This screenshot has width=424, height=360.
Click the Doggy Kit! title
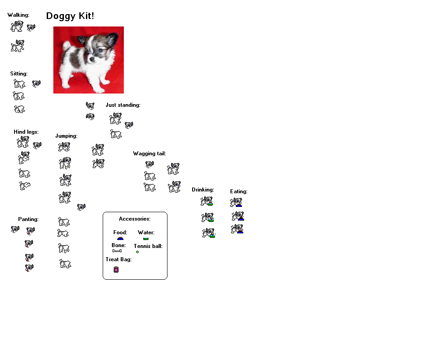70,16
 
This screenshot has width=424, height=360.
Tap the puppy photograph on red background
89,60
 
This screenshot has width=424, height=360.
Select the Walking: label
19,15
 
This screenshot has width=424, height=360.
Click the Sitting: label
19,74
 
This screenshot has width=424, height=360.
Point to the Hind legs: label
26,132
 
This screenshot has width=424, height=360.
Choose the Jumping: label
66,136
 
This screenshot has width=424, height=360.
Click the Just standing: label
123,105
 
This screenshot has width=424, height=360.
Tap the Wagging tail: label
149,154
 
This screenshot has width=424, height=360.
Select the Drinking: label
203,190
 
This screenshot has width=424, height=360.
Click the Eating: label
239,191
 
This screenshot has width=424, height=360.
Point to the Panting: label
28,219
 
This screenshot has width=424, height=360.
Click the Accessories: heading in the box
135,219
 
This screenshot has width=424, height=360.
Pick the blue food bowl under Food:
120,239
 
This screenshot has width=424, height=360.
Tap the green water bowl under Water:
146,239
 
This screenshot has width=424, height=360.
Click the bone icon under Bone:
117,251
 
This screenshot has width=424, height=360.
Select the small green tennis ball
138,252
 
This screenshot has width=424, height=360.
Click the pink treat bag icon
116,270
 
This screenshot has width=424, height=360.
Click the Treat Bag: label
119,259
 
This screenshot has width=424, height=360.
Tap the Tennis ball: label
148,246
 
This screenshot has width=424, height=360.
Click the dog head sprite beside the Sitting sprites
36,84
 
